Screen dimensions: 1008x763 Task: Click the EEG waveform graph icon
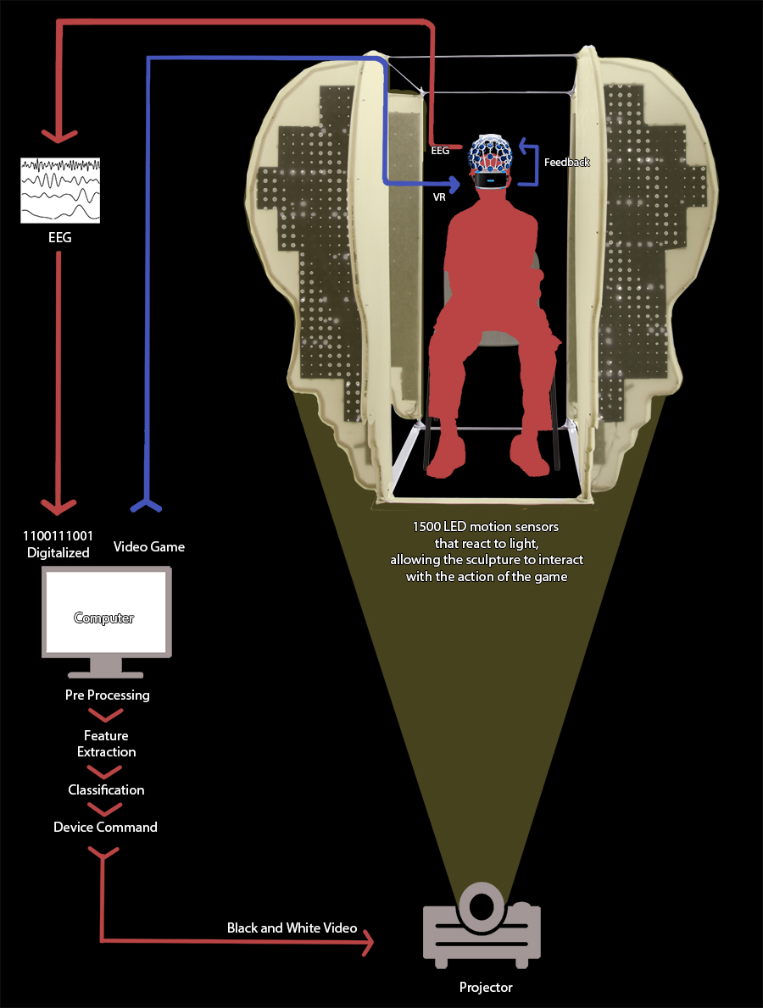pos(60,190)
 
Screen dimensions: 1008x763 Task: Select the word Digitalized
pos(58,552)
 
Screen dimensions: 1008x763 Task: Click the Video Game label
pos(149,546)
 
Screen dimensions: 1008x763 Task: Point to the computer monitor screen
pos(106,612)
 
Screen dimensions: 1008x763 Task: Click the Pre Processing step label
pos(107,695)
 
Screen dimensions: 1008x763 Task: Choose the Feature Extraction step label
pos(106,744)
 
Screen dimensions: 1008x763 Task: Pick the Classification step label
pos(106,789)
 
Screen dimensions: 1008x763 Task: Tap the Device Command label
pos(105,827)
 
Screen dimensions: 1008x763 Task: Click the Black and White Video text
pos(292,928)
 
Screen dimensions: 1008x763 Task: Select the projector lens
pos(482,905)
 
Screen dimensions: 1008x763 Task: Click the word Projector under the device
pos(486,987)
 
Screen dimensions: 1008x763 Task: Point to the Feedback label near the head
pos(566,162)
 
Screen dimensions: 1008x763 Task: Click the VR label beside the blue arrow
pos(439,194)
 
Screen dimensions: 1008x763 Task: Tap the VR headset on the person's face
pos(491,179)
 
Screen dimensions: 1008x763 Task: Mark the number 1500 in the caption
pos(428,527)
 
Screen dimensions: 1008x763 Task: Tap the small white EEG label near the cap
pos(439,150)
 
